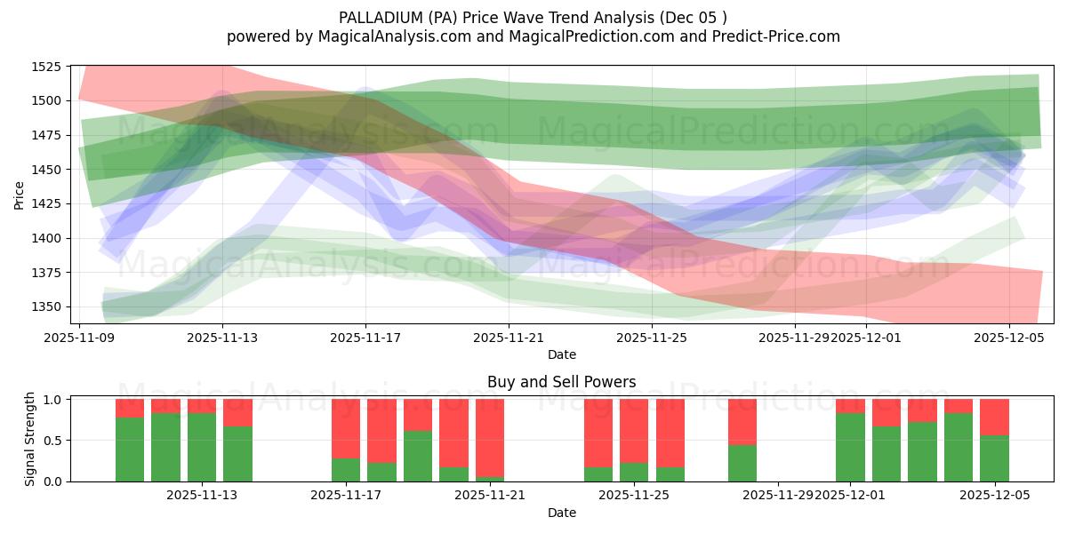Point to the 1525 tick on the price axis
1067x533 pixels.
[45, 67]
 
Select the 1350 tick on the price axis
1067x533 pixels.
[45, 306]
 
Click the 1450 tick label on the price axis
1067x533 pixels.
[45, 170]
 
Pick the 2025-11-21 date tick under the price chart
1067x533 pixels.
[509, 338]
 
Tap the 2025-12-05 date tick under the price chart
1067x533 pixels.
[1008, 338]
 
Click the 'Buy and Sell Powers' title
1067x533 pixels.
[561, 383]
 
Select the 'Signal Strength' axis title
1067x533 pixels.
[29, 440]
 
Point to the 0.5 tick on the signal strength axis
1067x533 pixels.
[52, 441]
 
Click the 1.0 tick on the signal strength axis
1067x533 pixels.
[52, 400]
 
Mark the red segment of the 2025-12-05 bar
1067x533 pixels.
[994, 417]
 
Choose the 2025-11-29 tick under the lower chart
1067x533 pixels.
[778, 496]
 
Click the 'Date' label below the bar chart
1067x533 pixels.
[561, 513]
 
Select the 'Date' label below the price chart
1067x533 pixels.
[561, 354]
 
